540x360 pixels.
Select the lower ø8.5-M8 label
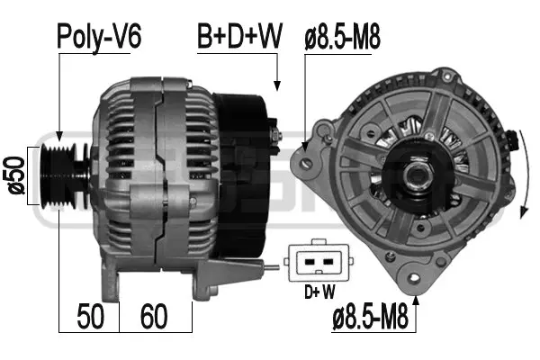pos(371,317)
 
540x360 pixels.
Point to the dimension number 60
pos(154,316)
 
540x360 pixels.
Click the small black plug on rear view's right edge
pos(514,140)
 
